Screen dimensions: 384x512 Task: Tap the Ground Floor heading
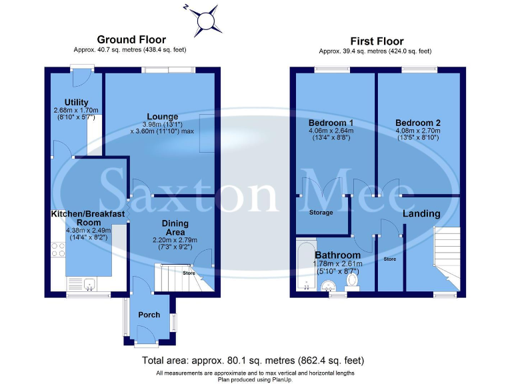131,40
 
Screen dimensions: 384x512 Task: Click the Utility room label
76,102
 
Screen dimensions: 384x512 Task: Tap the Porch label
149,315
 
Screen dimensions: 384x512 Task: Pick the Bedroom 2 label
418,123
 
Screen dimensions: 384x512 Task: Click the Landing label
421,214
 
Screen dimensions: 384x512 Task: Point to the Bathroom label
337,255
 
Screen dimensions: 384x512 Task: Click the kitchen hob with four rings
57,250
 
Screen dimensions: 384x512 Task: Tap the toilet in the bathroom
353,284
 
